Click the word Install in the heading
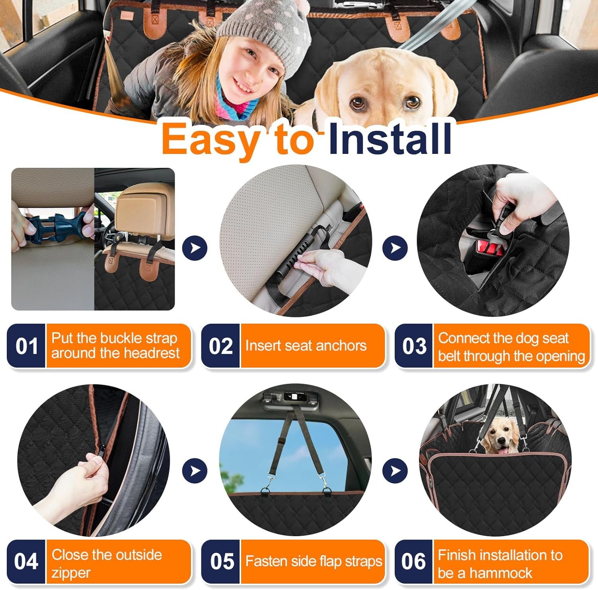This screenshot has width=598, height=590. (x=389, y=138)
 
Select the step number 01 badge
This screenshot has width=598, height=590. (x=26, y=346)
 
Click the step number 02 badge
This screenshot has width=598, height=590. (x=220, y=346)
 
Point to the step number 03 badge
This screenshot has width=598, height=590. (x=414, y=346)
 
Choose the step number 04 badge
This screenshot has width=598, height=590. (x=26, y=561)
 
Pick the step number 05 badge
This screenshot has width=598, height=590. (x=220, y=561)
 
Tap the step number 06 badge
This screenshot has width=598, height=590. (x=414, y=561)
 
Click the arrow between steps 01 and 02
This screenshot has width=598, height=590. (x=195, y=248)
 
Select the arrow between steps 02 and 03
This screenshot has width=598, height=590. (x=395, y=248)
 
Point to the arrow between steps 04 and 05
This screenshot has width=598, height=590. (x=195, y=471)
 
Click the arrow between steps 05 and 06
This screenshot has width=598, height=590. (x=395, y=471)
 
